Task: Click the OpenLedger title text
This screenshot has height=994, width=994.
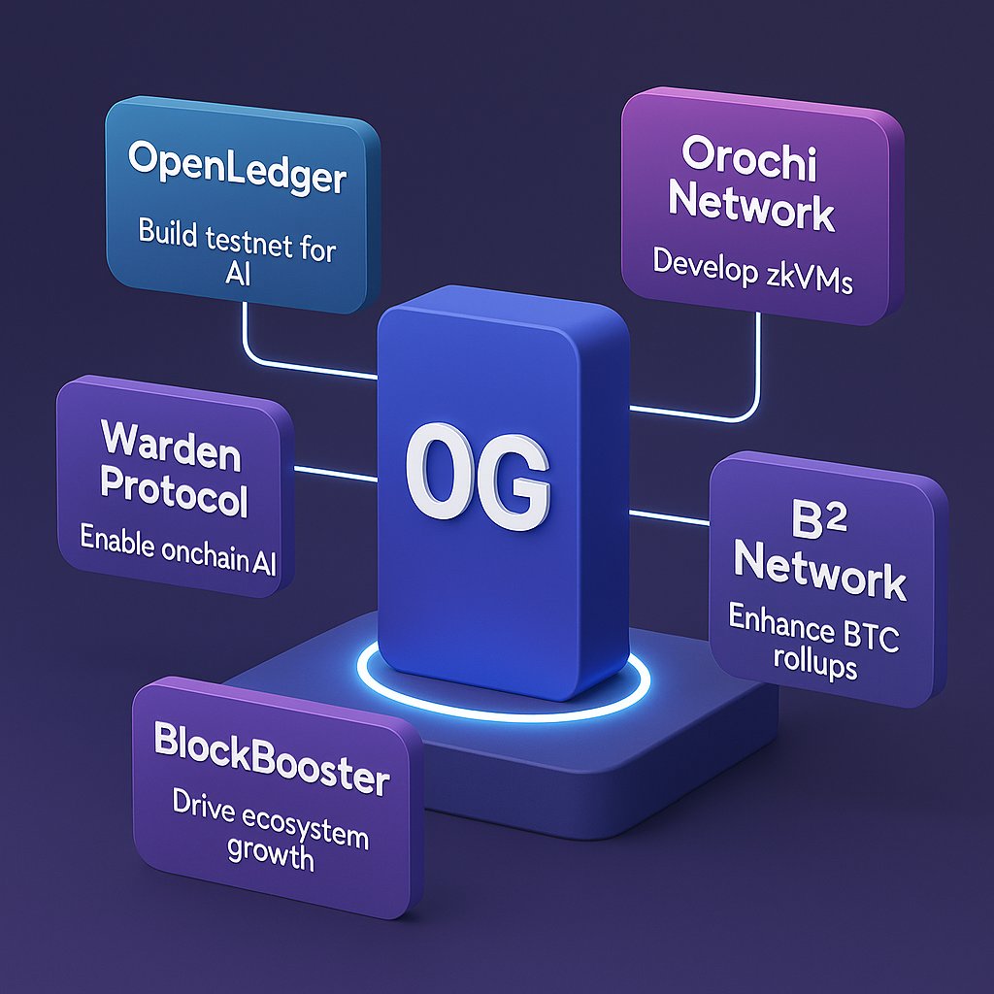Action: pos(236,180)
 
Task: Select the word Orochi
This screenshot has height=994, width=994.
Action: pos(749,157)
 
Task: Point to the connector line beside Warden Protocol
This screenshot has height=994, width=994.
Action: pos(335,473)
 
